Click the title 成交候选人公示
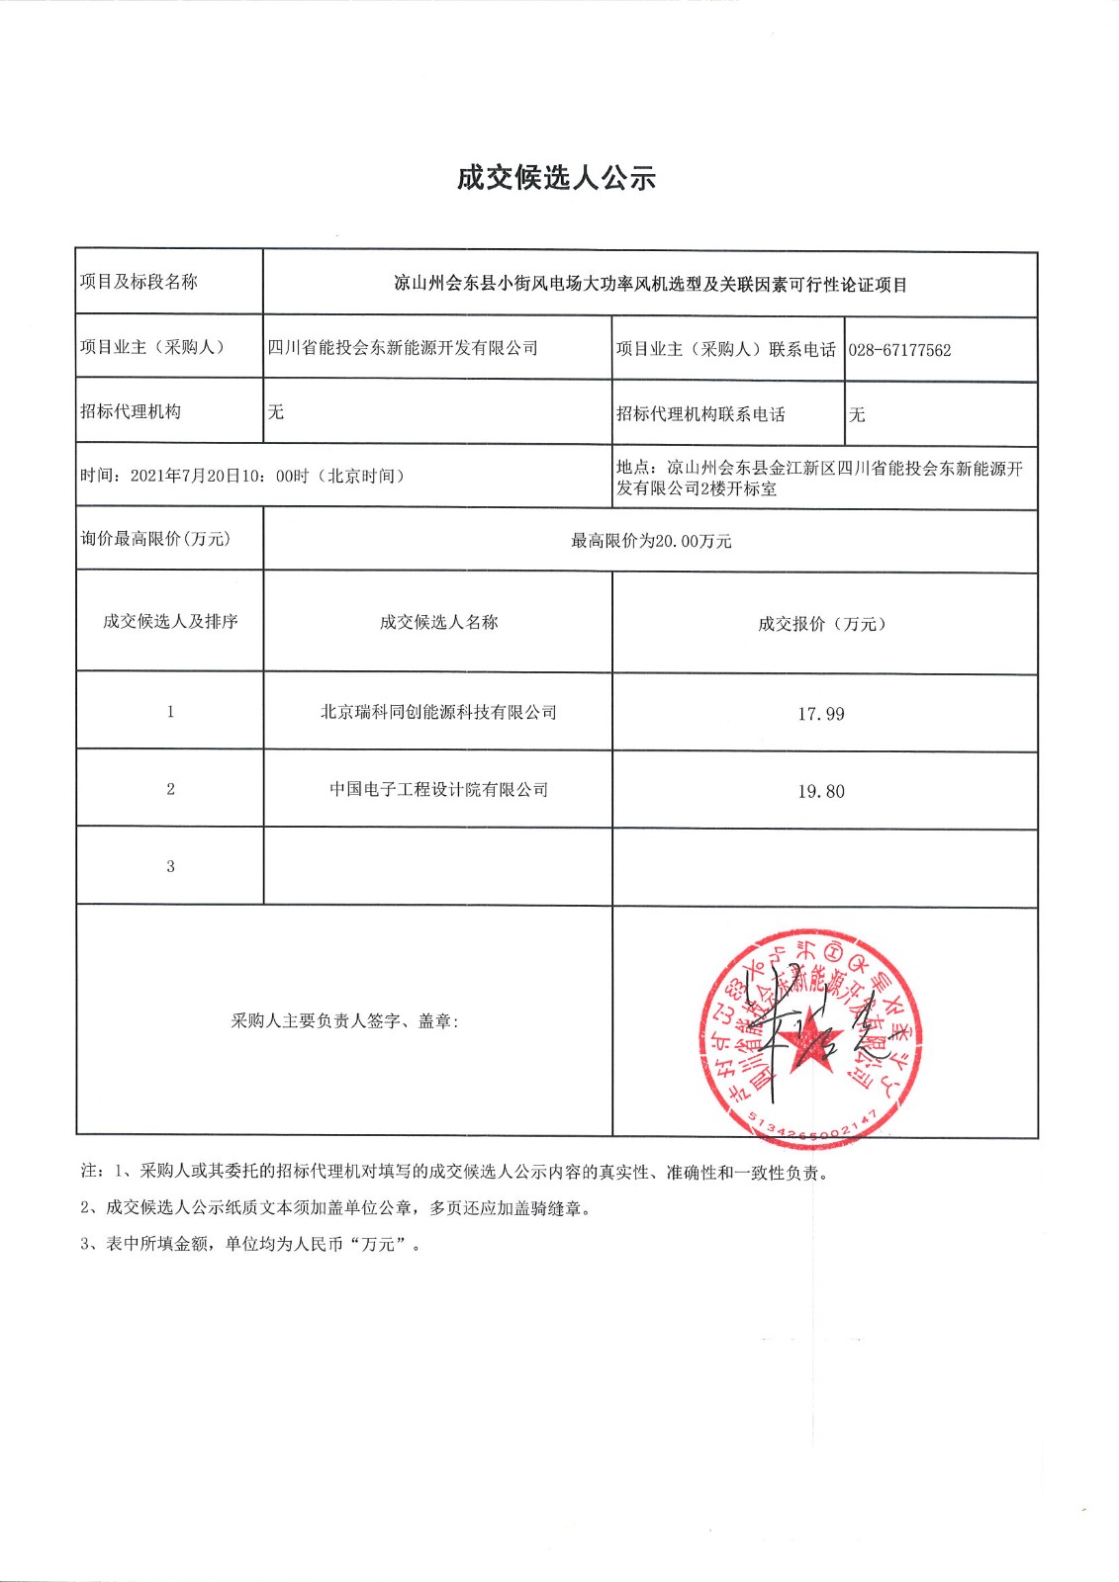(x=556, y=179)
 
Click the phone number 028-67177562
(x=899, y=350)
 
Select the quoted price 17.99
(x=821, y=714)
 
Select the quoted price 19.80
(x=821, y=791)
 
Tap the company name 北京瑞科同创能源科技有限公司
(x=438, y=713)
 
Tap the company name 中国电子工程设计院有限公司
(x=438, y=790)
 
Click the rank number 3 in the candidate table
(x=170, y=866)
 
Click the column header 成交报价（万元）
(x=822, y=624)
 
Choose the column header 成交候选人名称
(x=438, y=622)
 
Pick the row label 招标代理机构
(x=131, y=412)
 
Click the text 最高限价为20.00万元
(x=651, y=541)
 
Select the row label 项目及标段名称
(x=139, y=282)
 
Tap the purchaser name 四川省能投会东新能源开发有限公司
(x=403, y=348)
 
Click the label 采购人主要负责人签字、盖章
(x=344, y=1021)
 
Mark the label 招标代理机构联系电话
(x=700, y=414)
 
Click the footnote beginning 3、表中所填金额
(x=250, y=1245)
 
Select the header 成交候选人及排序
(x=170, y=622)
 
